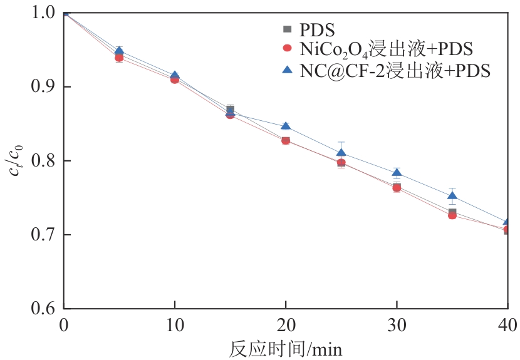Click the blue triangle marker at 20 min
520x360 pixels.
(286, 127)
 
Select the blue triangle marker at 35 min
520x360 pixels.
(452, 196)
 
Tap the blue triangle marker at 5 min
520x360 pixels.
(119, 51)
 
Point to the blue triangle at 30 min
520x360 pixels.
(397, 173)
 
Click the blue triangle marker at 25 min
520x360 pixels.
(341, 152)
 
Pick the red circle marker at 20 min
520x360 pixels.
(286, 140)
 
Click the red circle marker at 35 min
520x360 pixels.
(452, 215)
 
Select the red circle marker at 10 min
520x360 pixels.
(175, 80)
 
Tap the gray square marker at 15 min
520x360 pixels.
(231, 110)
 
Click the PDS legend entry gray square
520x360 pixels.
(288, 29)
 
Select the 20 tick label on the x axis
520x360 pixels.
(286, 326)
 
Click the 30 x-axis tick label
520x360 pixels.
(397, 326)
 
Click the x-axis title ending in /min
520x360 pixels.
(285, 347)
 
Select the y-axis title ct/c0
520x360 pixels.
(17, 161)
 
